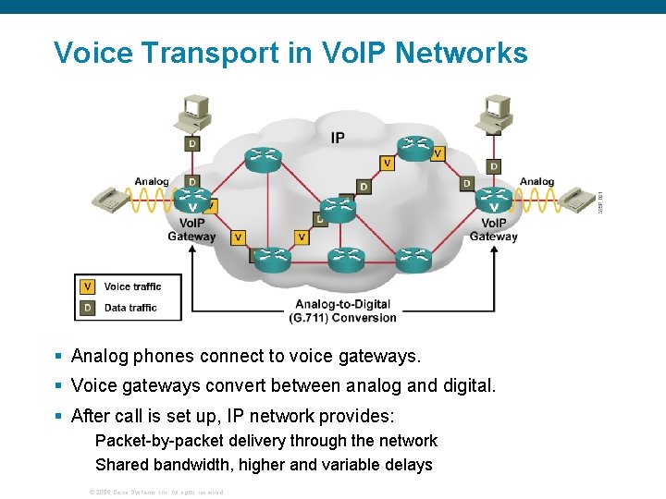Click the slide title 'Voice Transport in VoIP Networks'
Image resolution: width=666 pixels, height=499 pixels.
click(x=290, y=53)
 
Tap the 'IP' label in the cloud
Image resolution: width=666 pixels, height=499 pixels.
click(x=338, y=138)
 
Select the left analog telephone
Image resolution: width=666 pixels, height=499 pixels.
click(x=110, y=199)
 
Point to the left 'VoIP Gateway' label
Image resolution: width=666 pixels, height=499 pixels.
click(x=191, y=229)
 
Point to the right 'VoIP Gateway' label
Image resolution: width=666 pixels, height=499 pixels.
click(x=494, y=229)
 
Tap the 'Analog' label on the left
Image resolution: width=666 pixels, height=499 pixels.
click(x=152, y=181)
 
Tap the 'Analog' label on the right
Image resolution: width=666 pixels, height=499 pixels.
click(x=536, y=181)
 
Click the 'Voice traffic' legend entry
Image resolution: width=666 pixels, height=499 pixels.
click(x=131, y=286)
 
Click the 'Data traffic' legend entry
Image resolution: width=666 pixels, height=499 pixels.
click(x=129, y=308)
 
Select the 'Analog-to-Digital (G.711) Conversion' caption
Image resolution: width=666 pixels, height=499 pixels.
click(x=342, y=310)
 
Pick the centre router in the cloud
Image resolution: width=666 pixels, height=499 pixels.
click(x=338, y=209)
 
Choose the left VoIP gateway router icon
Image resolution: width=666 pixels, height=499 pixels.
click(x=192, y=201)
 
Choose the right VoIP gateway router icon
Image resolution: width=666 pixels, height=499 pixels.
click(x=493, y=201)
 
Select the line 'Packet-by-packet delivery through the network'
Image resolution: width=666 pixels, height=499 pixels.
click(x=266, y=441)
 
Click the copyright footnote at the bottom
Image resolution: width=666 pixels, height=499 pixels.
click(x=154, y=492)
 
